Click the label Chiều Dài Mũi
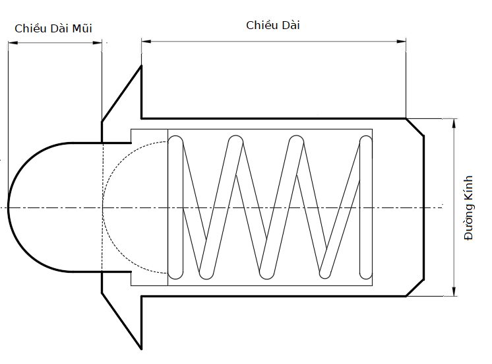pyautogui.click(x=53, y=28)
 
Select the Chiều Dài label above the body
pyautogui.click(x=273, y=25)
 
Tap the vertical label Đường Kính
pyautogui.click(x=469, y=207)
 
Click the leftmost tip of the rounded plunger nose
pyautogui.click(x=9, y=207)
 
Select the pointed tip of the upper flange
pyautogui.click(x=141, y=65)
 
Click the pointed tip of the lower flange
pyautogui.click(x=141, y=348)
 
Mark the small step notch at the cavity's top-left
pyautogui.click(x=131, y=135)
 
